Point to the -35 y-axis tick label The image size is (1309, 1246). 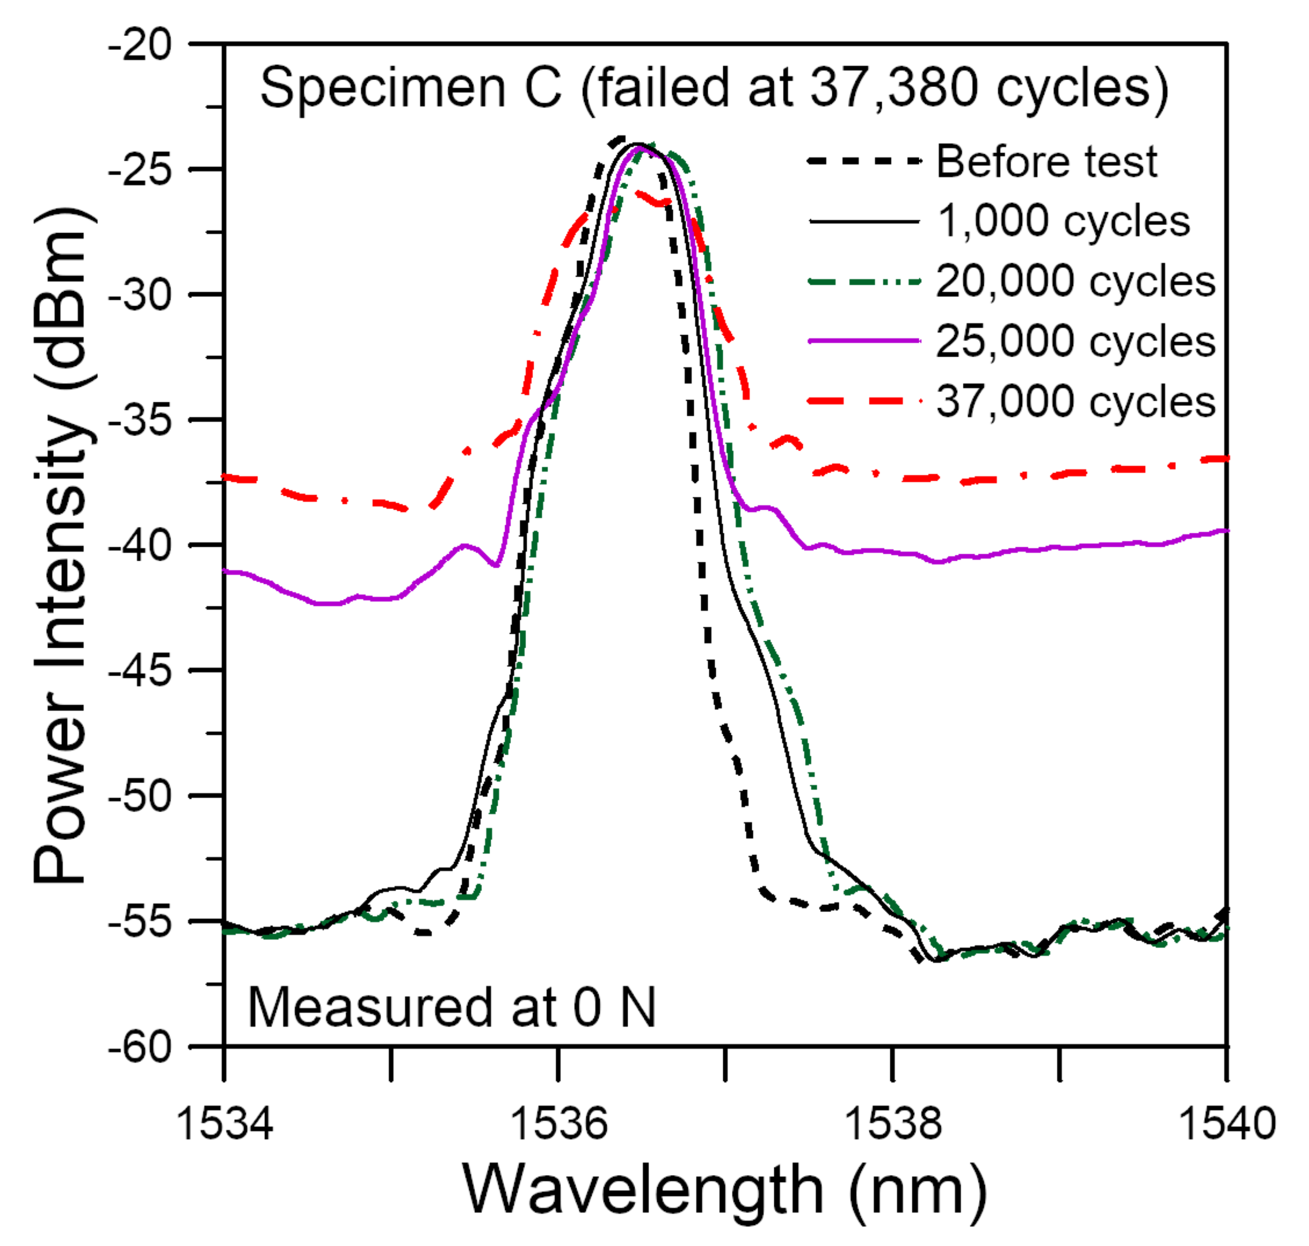click(140, 421)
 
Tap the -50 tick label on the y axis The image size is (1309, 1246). click(140, 798)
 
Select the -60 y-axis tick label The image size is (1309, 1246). click(140, 1049)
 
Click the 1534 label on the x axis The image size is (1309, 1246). click(225, 1125)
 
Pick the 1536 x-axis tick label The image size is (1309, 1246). click(559, 1125)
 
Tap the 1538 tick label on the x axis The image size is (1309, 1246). click(893, 1125)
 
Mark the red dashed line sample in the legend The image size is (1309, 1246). click(864, 401)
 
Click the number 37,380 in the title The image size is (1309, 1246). click(894, 88)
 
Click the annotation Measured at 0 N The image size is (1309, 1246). click(452, 1008)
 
